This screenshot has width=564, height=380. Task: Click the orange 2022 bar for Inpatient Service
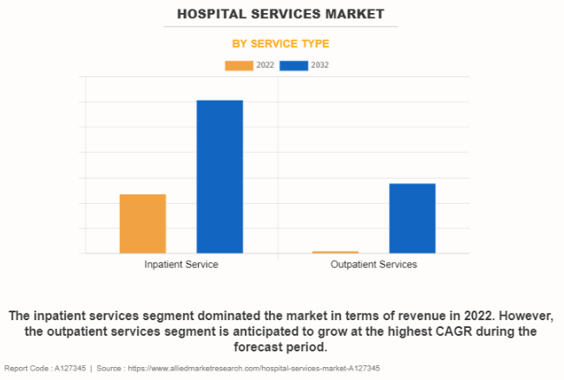(x=142, y=224)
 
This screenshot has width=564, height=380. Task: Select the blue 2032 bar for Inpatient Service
(x=220, y=177)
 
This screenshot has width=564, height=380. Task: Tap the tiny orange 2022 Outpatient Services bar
(x=335, y=252)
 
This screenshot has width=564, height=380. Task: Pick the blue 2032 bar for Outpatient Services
(x=412, y=219)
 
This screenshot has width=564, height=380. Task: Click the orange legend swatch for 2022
(x=239, y=65)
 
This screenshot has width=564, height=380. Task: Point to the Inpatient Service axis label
(x=181, y=264)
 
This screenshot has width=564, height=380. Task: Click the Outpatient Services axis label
(x=374, y=264)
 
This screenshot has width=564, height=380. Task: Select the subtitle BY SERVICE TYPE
(x=280, y=43)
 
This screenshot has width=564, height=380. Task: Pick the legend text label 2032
(x=320, y=65)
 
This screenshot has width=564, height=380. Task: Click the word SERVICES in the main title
(x=284, y=14)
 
